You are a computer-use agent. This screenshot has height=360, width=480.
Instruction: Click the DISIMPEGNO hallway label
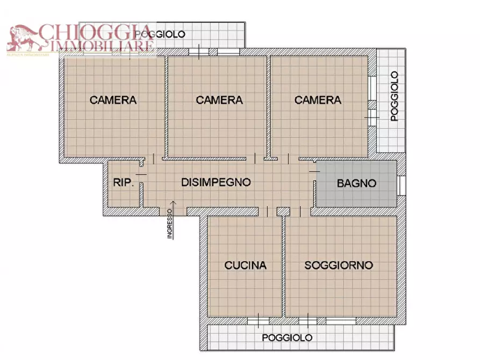tap(216, 182)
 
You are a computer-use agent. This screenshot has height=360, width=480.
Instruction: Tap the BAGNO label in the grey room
tap(356, 183)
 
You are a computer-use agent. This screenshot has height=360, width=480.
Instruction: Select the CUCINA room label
tap(245, 265)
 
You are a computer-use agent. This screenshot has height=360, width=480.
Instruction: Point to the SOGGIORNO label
tap(339, 265)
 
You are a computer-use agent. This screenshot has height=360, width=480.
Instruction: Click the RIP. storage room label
tap(123, 183)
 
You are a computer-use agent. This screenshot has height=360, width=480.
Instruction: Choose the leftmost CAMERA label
tap(113, 100)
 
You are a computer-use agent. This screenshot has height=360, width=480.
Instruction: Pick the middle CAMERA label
tap(219, 100)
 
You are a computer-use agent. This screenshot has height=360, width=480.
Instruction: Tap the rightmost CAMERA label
tap(318, 100)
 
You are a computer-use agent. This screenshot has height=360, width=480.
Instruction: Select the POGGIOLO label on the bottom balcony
tap(287, 337)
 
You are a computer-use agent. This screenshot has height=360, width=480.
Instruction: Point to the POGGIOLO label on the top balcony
tap(160, 34)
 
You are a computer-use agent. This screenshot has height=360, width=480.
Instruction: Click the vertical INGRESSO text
tap(170, 224)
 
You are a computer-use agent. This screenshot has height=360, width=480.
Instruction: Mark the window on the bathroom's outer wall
tap(401, 185)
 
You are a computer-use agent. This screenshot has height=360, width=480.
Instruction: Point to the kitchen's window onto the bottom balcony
tap(258, 321)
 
